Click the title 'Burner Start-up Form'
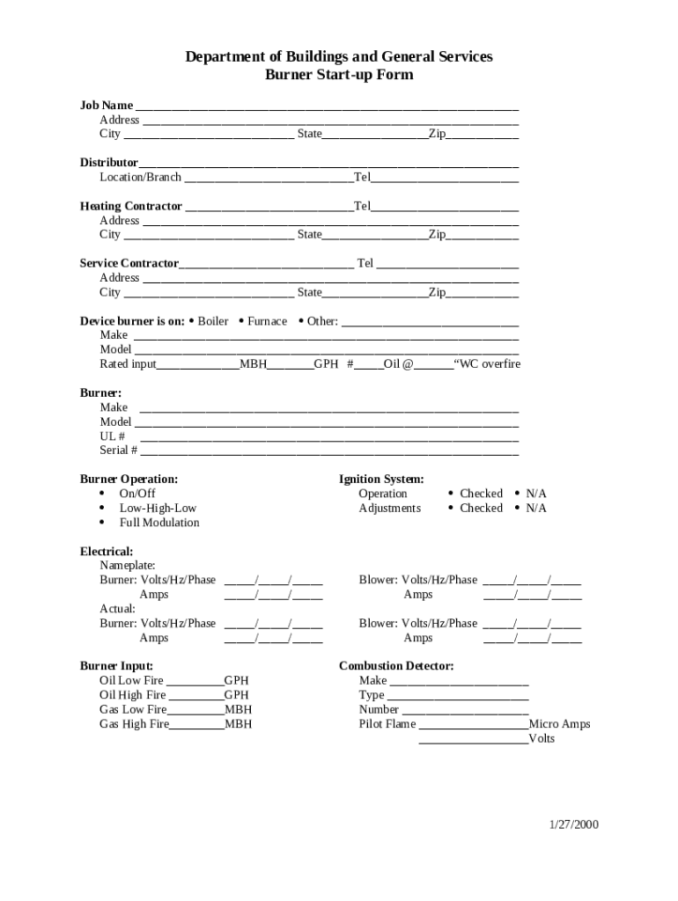click(x=339, y=75)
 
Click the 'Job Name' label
click(x=107, y=106)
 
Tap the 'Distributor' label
click(x=109, y=163)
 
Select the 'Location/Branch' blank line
click(x=269, y=179)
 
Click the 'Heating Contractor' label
click(x=131, y=207)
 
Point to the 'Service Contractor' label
click(x=129, y=264)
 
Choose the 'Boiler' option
click(x=212, y=321)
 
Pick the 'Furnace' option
click(x=267, y=321)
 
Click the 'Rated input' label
click(x=129, y=364)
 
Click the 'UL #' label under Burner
click(x=113, y=436)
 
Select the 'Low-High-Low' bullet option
click(x=158, y=509)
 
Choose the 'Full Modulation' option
click(x=159, y=523)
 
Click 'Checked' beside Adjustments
click(x=481, y=509)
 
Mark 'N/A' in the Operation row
click(x=536, y=494)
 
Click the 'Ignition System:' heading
click(x=381, y=480)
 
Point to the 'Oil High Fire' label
click(x=133, y=695)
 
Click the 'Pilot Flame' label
click(x=387, y=724)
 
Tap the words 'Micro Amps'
click(x=559, y=724)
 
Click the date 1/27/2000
click(x=574, y=824)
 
